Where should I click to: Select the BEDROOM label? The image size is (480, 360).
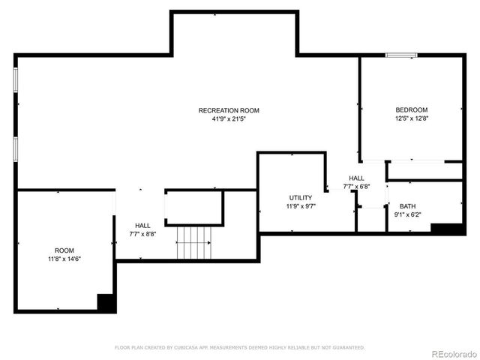pyautogui.click(x=412, y=109)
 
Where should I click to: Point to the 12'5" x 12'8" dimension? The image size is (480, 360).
pyautogui.click(x=412, y=118)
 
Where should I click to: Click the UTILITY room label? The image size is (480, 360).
pyautogui.click(x=301, y=198)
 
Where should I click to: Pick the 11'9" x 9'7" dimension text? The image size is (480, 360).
pyautogui.click(x=301, y=206)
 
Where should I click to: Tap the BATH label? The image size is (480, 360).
pyautogui.click(x=407, y=206)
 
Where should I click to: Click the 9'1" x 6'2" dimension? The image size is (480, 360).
pyautogui.click(x=407, y=214)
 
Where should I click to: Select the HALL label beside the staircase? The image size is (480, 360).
pyautogui.click(x=142, y=225)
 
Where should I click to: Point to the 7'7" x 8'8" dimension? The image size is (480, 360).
pyautogui.click(x=142, y=233)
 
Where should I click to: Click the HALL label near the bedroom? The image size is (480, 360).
pyautogui.click(x=356, y=178)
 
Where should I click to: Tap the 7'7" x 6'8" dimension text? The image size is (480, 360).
pyautogui.click(x=357, y=187)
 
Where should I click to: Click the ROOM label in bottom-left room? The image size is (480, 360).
pyautogui.click(x=64, y=250)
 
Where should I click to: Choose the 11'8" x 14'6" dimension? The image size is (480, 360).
pyautogui.click(x=64, y=259)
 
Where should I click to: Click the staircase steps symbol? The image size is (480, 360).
pyautogui.click(x=194, y=243)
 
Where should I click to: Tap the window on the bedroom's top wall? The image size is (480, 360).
pyautogui.click(x=401, y=55)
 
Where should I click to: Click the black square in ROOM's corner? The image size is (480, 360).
pyautogui.click(x=106, y=302)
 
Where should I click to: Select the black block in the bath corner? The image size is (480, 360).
pyautogui.click(x=447, y=228)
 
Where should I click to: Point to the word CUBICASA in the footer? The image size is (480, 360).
pyautogui.click(x=192, y=348)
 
